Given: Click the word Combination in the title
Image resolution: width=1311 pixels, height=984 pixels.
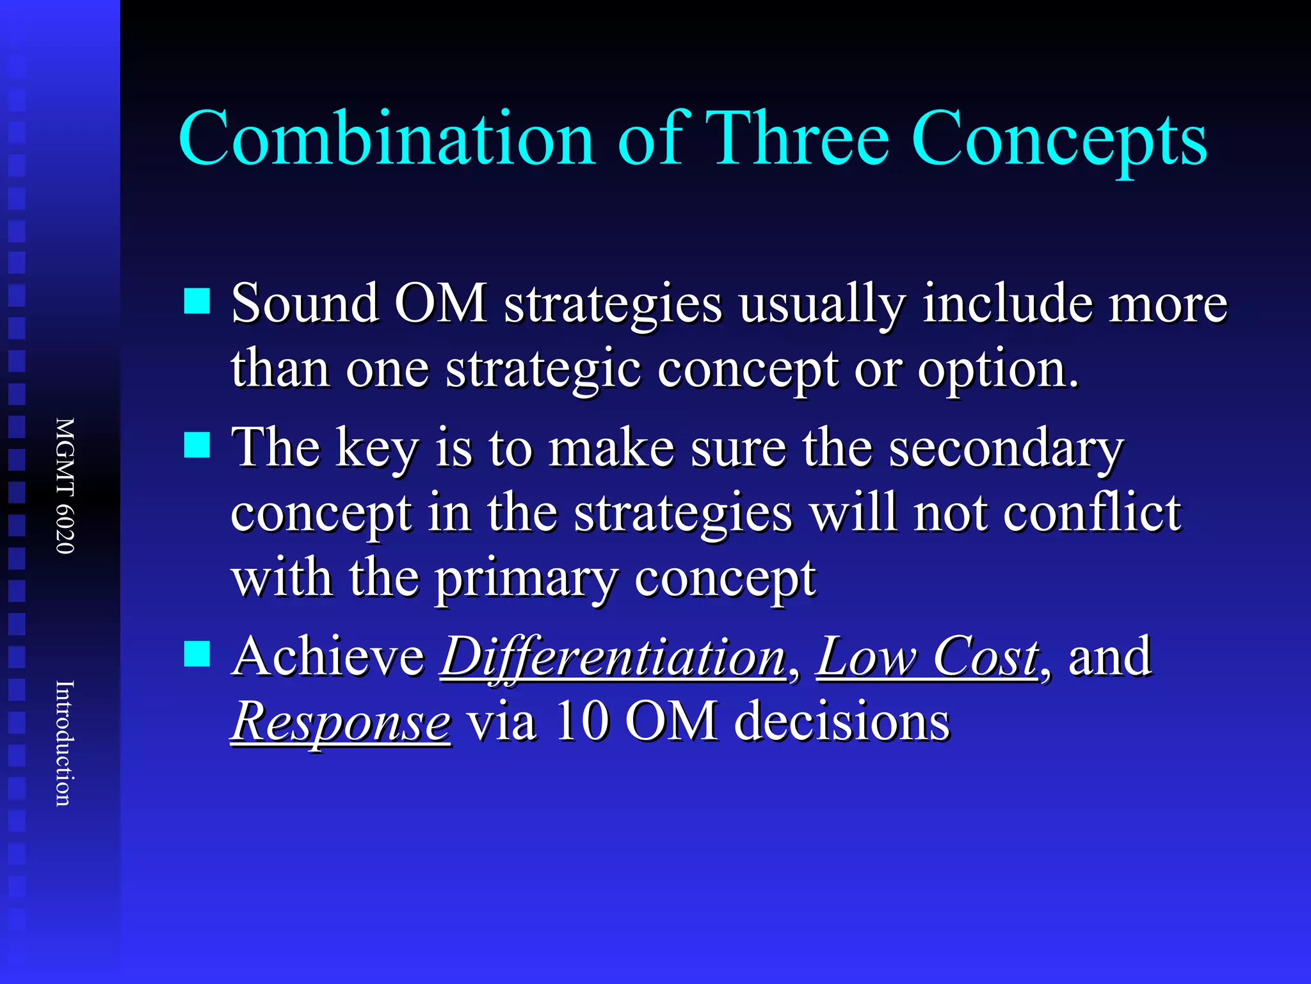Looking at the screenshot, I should [x=387, y=140].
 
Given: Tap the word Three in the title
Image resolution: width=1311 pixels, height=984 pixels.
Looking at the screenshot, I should [x=800, y=140].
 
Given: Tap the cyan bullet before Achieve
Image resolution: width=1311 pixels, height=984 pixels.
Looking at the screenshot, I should [x=197, y=654].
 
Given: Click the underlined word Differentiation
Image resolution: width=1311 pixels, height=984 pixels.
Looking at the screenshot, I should [x=613, y=658].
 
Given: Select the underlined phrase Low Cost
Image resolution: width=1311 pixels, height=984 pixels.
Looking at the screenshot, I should [x=928, y=658].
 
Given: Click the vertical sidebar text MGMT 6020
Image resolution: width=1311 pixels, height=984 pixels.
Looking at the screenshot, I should [x=65, y=486].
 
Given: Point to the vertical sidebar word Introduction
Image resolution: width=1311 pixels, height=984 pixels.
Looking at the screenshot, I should [x=65, y=743].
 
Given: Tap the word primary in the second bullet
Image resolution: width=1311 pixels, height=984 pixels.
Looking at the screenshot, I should [x=526, y=580].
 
